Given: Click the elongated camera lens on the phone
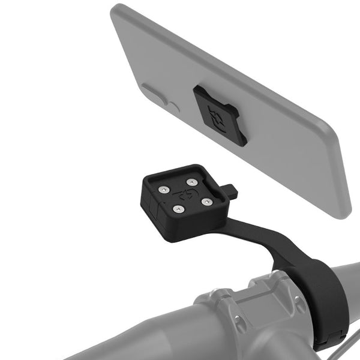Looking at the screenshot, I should (x=153, y=93).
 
